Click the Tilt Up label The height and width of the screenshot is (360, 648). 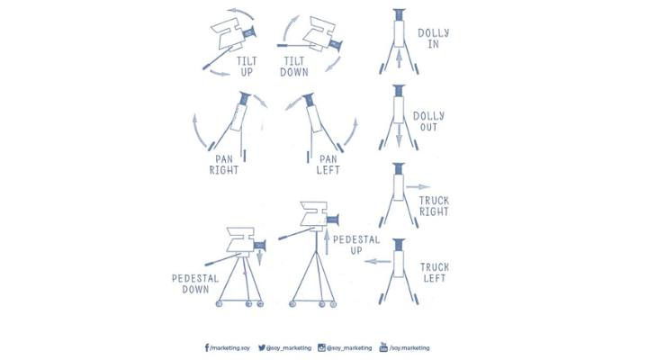247,67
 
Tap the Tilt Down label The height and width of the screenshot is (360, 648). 294,67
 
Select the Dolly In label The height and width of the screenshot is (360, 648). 434,39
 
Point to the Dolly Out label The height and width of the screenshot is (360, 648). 429,121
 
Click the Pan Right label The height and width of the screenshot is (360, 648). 224,165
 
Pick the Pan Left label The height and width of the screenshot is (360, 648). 328,165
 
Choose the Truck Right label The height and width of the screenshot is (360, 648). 434,206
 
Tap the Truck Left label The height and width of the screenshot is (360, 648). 435,273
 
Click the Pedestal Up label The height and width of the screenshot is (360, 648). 356,245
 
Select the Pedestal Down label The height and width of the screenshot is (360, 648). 195,283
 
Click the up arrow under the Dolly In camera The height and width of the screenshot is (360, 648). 399,58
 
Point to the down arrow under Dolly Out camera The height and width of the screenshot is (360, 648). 399,135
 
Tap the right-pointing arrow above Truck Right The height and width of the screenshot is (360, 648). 418,187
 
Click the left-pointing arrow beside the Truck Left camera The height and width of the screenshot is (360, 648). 378,261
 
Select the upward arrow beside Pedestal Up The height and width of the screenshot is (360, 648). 327,242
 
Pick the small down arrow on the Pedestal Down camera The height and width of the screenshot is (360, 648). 259,256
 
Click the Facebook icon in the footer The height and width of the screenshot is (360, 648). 207,347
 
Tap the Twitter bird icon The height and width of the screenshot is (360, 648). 262,347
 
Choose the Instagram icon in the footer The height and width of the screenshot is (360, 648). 321,347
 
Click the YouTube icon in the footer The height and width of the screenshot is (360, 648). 383,347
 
